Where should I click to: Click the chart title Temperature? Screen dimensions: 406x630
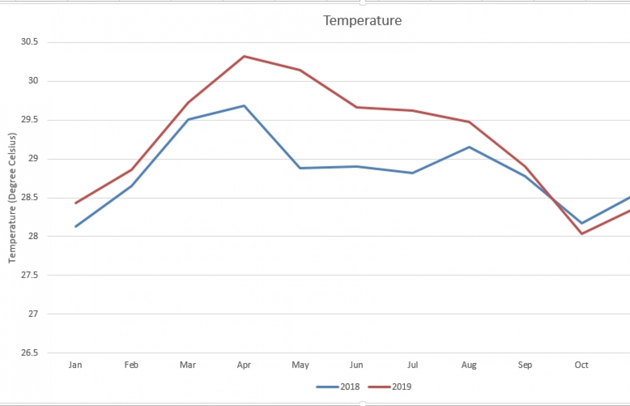tap(362, 21)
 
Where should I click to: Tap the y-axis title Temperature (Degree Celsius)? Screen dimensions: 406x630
tap(12, 198)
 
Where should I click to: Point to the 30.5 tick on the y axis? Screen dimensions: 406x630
tap(29, 42)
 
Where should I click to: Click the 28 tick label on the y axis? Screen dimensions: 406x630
tap(33, 236)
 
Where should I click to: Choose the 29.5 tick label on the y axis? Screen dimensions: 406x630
tap(29, 120)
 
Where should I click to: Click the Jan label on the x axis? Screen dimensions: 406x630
tap(76, 365)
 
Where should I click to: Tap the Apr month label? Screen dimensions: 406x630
tap(244, 365)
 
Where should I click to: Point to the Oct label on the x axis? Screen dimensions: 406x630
tap(582, 365)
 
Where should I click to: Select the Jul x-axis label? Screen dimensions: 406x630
tap(413, 365)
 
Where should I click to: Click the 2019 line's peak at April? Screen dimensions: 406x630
tap(244, 56)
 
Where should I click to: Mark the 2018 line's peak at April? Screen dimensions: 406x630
tap(244, 105)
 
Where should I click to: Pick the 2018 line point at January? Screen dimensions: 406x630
tap(76, 227)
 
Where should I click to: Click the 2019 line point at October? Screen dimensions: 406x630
tap(582, 234)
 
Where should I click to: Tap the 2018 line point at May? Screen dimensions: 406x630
tap(300, 168)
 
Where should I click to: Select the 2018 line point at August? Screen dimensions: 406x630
tap(469, 147)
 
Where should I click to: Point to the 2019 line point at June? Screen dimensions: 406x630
tap(357, 107)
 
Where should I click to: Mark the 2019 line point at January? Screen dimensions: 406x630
tap(76, 203)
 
